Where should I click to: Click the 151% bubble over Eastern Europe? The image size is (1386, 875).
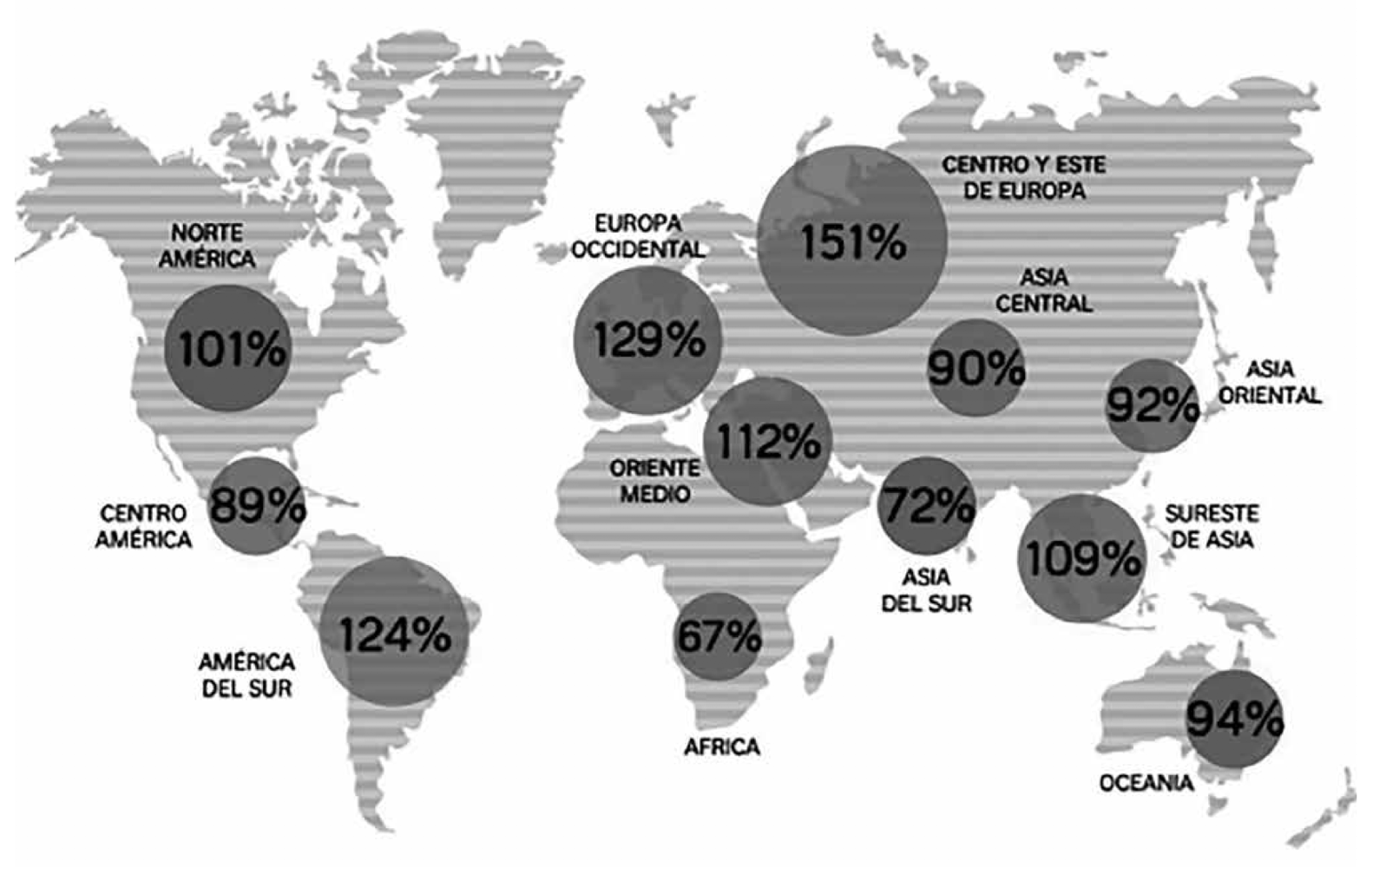851,240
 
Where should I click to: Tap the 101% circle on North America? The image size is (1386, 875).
229,349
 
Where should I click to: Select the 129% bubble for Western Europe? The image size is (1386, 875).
647,339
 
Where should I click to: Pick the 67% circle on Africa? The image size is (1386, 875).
718,637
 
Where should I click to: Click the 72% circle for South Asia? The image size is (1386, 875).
926,505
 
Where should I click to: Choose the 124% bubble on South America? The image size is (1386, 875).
394,634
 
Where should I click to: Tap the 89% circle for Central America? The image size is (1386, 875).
257,506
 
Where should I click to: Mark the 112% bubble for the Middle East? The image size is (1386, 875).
767,442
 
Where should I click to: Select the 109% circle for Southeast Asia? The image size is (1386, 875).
1081,558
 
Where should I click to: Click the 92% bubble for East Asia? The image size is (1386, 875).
1152,405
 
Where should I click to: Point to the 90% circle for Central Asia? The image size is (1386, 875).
975,367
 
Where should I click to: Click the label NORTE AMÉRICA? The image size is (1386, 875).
207,246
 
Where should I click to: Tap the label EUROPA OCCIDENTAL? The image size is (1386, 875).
638,236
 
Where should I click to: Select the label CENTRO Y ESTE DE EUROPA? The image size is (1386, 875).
1024,177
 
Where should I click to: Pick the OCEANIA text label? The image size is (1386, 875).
1146,783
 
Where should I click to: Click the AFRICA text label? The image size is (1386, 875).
721,747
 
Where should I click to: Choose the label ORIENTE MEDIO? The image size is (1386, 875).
654,481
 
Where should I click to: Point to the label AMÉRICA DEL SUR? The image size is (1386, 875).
246,675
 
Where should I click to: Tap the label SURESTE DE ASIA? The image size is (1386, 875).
1211,526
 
